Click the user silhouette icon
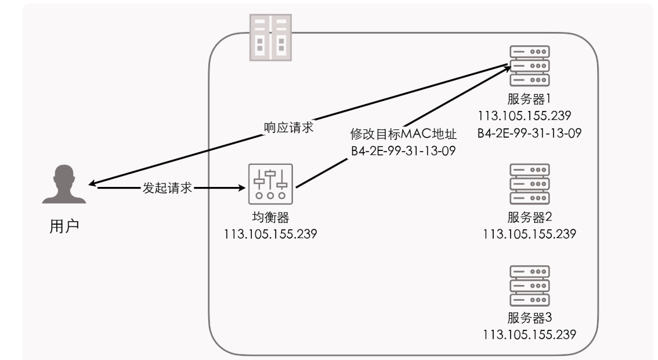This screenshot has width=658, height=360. pos(64,184)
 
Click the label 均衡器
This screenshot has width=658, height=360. pos(270,219)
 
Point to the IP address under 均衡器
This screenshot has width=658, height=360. pos(270,235)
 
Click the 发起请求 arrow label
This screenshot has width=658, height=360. pos(167,188)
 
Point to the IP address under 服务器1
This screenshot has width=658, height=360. pos(529,114)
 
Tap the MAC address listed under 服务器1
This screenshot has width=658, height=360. pos(529,132)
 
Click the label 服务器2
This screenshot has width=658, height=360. pos(529,218)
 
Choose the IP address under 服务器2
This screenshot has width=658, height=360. pos(529,234)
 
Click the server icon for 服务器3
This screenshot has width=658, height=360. pos(529,285)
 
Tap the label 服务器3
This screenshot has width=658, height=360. pos(529,318)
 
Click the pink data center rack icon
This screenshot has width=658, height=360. pos(270,37)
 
